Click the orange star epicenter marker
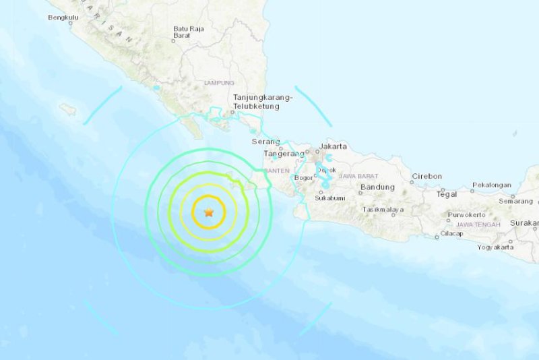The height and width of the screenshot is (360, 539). [209, 212]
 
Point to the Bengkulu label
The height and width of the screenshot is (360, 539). [63, 18]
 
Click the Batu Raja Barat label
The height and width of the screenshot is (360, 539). [189, 32]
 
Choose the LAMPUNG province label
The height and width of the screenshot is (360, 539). [219, 83]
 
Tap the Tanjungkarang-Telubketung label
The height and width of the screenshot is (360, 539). [263, 102]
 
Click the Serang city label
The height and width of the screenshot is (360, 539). [265, 142]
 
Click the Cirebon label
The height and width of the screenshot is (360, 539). [427, 177]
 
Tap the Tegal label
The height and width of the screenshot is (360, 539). [447, 194]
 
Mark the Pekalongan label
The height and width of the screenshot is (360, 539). [491, 185]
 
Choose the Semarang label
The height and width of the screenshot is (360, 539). [515, 201]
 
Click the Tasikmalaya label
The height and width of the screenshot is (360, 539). [382, 210]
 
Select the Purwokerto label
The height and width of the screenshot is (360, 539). [466, 215]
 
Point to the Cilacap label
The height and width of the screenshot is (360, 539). [449, 234]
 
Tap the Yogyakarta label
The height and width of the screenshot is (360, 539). [495, 247]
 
